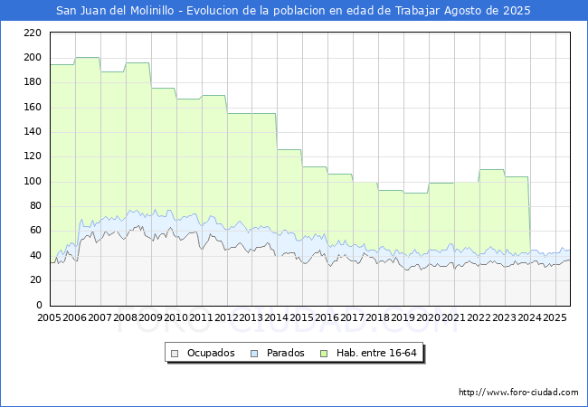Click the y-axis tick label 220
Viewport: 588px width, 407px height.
point(33,33)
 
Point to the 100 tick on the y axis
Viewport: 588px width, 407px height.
point(33,182)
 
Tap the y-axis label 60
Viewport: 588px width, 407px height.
point(35,230)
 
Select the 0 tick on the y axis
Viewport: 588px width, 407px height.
point(39,305)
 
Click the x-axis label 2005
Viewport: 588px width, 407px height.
point(49,317)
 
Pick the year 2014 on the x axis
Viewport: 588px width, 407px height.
point(277,317)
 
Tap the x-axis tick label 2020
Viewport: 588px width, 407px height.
point(428,317)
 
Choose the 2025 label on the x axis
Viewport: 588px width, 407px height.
point(555,317)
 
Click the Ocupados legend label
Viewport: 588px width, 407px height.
point(211,353)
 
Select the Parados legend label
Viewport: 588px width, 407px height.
point(285,353)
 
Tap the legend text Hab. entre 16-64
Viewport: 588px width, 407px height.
point(376,353)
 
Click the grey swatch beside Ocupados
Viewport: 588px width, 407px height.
point(175,354)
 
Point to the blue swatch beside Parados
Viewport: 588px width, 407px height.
point(254,354)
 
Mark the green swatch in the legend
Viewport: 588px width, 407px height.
point(324,354)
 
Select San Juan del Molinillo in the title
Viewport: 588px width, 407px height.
point(115,11)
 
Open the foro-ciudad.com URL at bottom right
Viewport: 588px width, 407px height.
point(518,392)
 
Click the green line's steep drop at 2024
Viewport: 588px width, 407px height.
point(529,213)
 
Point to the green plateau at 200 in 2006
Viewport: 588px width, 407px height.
point(88,57)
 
